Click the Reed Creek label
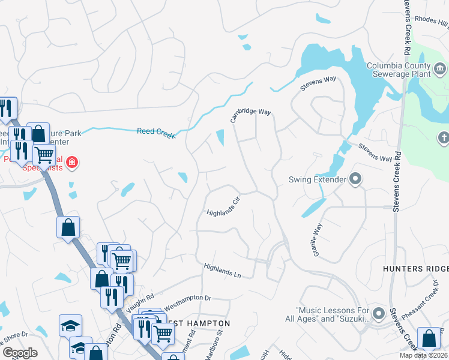click(x=156, y=133)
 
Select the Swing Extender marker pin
click(x=356, y=179)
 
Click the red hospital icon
click(x=72, y=162)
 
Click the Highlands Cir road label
click(x=223, y=208)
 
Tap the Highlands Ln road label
click(x=222, y=271)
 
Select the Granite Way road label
click(x=316, y=240)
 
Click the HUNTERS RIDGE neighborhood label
click(x=415, y=269)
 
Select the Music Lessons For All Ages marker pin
click(x=378, y=313)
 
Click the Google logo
click(x=20, y=353)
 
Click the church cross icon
click(x=444, y=137)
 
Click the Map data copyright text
click(x=423, y=356)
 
